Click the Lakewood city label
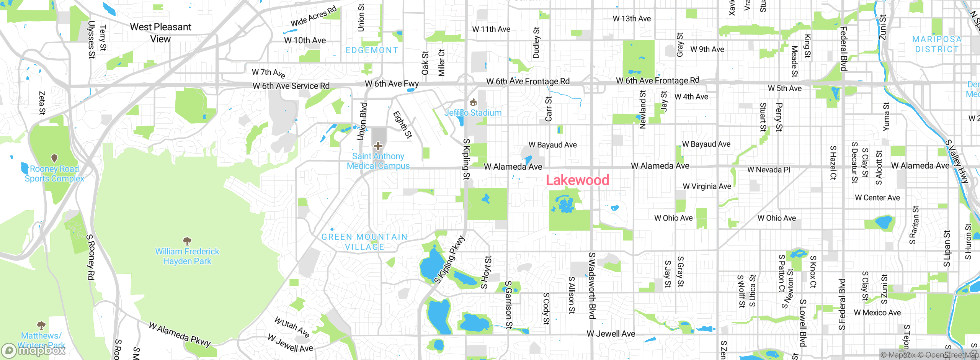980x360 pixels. click(x=577, y=180)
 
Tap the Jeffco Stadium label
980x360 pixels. click(x=473, y=113)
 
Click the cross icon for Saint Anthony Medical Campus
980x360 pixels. click(x=378, y=146)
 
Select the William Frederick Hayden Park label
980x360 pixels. click(x=187, y=256)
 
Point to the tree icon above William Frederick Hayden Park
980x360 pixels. click(x=187, y=241)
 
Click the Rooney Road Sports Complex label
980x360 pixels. click(x=54, y=173)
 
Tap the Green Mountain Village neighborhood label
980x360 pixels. click(x=364, y=242)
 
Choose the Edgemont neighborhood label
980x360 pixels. click(x=372, y=50)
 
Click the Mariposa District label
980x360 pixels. click(x=937, y=44)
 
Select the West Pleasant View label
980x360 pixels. click(x=160, y=33)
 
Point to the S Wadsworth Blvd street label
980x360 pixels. click(x=592, y=285)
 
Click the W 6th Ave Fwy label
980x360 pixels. click(x=392, y=83)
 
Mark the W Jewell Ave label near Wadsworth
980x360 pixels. click(x=611, y=334)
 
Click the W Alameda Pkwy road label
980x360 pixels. click(x=180, y=334)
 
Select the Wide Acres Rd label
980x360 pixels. click(x=314, y=16)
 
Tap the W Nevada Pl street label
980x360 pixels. click(x=769, y=170)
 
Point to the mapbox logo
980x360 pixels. click(x=34, y=350)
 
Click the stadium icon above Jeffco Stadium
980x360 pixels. click(x=473, y=102)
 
